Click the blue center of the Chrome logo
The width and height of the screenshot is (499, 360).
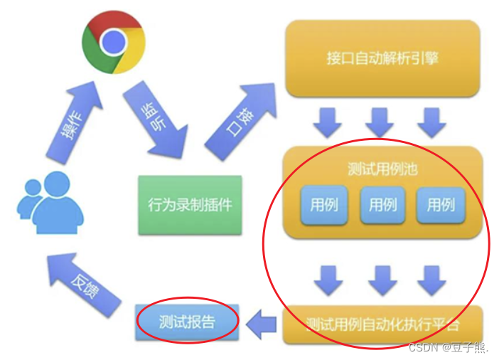pos(113,43)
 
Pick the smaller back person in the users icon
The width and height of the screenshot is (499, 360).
pos(29,196)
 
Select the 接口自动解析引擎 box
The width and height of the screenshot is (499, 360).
pos(382,58)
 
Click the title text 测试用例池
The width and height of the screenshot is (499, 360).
pos(382,170)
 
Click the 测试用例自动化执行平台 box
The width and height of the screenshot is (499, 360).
pos(382,324)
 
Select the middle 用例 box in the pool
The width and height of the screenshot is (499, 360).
pos(382,205)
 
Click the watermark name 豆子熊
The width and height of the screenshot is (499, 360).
pos(472,347)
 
